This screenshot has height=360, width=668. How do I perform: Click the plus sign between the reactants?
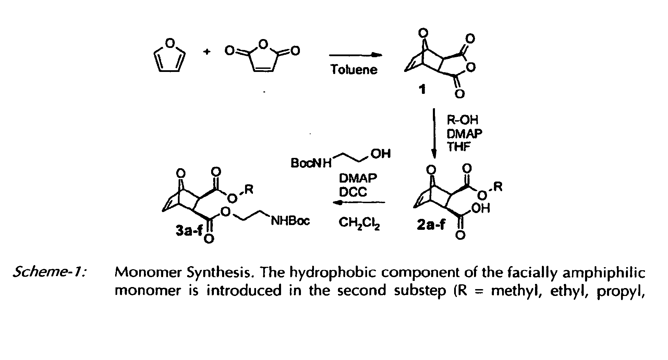click(207, 52)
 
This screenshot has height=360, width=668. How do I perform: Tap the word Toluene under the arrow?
click(354, 70)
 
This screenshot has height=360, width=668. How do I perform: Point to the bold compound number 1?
click(423, 90)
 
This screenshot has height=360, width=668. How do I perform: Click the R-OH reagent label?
click(462, 120)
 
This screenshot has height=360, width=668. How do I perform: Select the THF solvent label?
click(459, 146)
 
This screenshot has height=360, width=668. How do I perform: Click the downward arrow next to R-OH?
click(434, 134)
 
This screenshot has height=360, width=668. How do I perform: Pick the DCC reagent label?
click(353, 192)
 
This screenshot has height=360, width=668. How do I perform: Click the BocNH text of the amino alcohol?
click(311, 163)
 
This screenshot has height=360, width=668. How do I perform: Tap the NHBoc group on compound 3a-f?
click(290, 221)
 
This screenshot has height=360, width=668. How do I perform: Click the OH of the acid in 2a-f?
click(481, 208)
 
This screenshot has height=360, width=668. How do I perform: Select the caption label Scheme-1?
click(49, 273)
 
